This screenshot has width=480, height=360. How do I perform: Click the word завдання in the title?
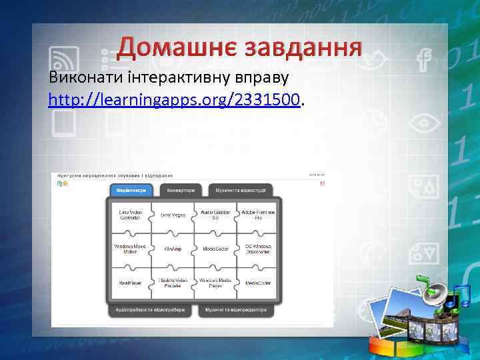[303, 46]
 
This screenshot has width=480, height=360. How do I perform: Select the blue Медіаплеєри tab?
[131, 190]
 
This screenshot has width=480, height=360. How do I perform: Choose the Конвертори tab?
[181, 190]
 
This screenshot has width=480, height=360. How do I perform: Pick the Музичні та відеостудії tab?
[240, 190]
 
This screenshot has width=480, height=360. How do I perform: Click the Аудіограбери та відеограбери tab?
[150, 310]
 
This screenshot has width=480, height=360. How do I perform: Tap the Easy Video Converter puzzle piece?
[130, 215]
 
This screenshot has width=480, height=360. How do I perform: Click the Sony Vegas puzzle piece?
[173, 215]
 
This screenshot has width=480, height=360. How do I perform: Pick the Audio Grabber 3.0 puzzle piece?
[215, 215]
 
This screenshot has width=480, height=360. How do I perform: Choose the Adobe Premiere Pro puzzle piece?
[257, 215]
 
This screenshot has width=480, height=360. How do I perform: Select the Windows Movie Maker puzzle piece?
[130, 249]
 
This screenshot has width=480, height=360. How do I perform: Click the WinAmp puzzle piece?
[173, 249]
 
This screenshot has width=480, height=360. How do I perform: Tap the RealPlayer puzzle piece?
[130, 283]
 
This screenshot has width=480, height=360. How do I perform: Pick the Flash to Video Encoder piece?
[173, 283]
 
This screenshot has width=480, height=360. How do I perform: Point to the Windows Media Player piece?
[215, 283]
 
